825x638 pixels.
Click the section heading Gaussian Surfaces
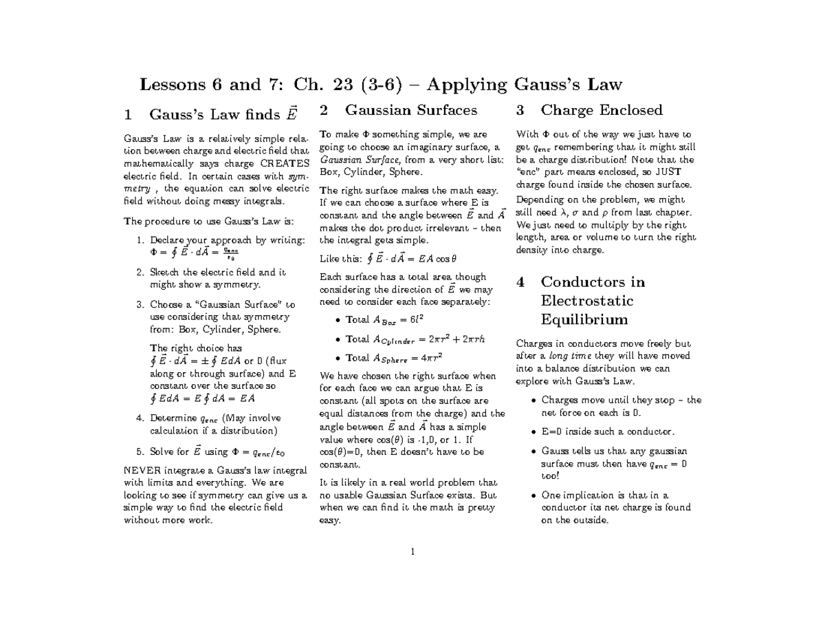[x=410, y=110]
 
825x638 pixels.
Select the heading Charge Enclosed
[x=602, y=110]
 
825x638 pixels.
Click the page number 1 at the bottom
[x=412, y=551]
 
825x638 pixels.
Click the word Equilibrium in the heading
[x=584, y=319]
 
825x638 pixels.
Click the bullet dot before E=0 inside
[x=534, y=432]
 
